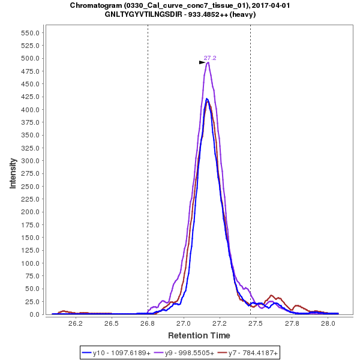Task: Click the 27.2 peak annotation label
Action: [x=210, y=58]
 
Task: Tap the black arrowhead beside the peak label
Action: [x=202, y=62]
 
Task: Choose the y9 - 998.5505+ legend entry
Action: [x=184, y=353]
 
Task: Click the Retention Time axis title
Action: [x=199, y=335]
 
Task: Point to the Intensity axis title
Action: [x=13, y=173]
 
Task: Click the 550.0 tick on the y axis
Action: [x=31, y=33]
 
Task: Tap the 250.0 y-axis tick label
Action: [x=31, y=187]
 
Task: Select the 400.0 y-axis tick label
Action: [x=31, y=110]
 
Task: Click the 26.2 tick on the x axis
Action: [x=75, y=323]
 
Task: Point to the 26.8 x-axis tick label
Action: [x=148, y=323]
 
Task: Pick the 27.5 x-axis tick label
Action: [x=256, y=323]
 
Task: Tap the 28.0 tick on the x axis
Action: [x=328, y=323]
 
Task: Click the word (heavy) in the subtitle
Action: [x=243, y=14]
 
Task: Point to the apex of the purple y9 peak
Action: [x=208, y=62]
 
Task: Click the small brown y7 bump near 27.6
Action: [x=272, y=295]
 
